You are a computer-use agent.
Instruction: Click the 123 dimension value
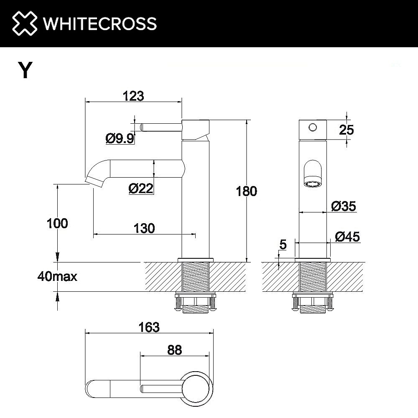133,96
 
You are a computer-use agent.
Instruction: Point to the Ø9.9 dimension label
120,138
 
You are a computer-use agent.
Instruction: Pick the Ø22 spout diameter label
140,189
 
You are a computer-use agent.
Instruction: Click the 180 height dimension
247,191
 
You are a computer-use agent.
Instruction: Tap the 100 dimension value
57,223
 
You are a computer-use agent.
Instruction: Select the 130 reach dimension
144,228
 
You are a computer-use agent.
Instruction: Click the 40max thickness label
57,276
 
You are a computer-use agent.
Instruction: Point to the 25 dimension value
347,130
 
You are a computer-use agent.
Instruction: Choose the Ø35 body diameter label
343,206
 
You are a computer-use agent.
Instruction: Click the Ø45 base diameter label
347,237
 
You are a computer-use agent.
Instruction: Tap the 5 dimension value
283,245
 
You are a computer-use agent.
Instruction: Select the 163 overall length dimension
150,327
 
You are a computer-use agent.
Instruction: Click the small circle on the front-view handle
312,127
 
